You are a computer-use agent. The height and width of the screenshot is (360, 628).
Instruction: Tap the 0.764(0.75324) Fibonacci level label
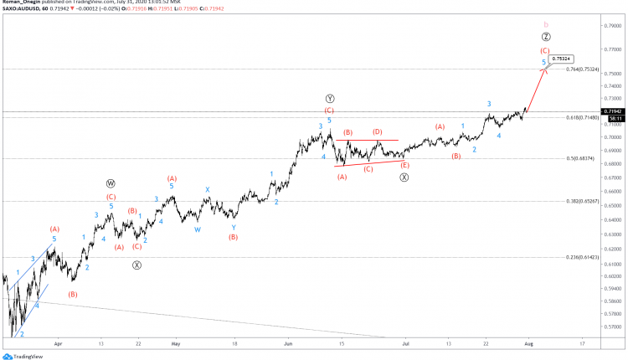pos(584,69)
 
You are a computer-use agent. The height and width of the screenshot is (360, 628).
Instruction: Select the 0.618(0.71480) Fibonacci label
pos(583,118)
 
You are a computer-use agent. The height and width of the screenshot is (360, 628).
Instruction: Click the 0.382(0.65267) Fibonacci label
pos(583,202)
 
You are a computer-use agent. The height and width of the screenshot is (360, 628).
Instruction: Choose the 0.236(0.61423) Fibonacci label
pos(583,258)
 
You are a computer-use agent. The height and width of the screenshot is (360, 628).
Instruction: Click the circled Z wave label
pos(545,38)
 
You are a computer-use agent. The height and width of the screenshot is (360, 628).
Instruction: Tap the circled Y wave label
pos(330,99)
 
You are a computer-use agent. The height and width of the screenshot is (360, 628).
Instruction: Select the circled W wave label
pos(111,183)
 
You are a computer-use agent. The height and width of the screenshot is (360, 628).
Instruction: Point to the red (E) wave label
pos(404,165)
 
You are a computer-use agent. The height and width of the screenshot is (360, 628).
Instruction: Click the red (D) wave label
pos(378,132)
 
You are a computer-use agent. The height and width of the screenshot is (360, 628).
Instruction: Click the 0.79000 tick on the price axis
pos(614,25)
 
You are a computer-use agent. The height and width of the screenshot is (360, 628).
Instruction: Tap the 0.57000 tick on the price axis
pos(614,327)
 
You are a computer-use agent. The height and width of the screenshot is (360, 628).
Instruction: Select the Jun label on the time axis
pos(288,343)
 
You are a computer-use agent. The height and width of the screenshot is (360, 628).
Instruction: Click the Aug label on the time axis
pos(529,343)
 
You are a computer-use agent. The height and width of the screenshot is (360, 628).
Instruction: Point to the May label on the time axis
pos(175,343)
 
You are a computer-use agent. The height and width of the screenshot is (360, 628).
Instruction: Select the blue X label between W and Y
pos(208,189)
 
